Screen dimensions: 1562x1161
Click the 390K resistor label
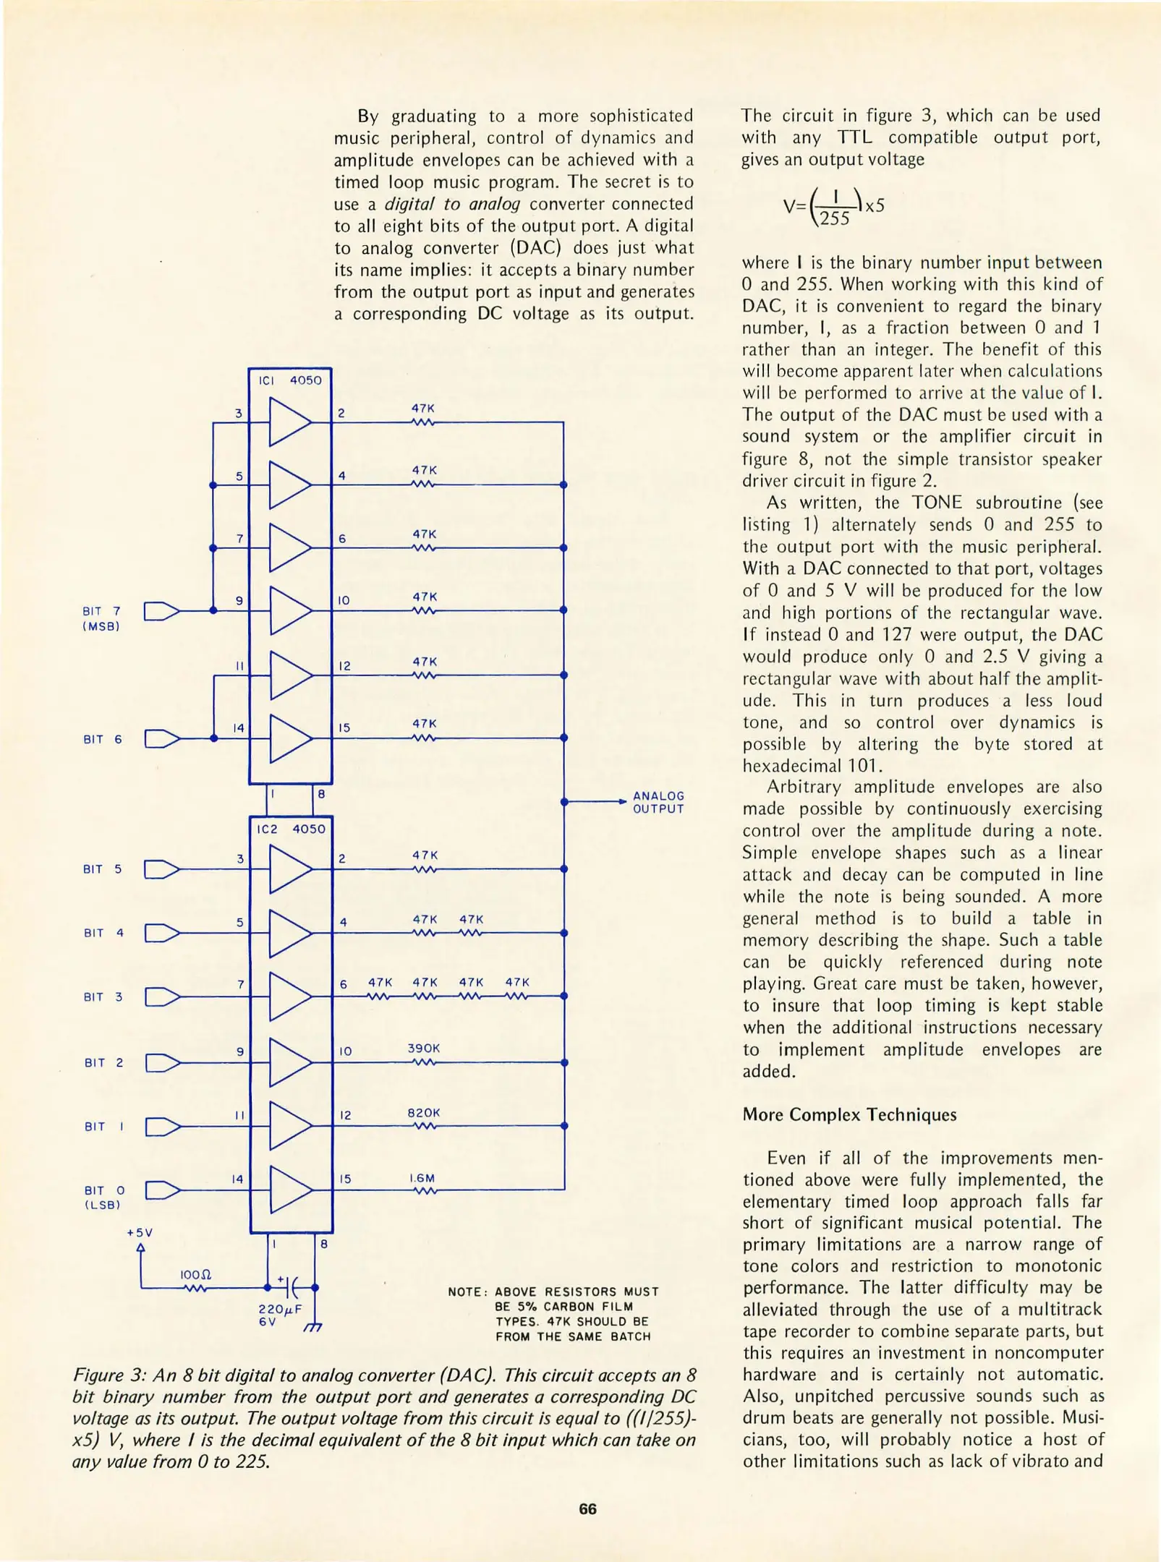[423, 1048]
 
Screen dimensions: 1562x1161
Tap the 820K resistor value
[423, 1112]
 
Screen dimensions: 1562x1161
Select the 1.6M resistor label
[422, 1178]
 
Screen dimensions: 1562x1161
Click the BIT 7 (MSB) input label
[101, 619]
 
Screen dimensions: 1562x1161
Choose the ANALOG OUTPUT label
[658, 802]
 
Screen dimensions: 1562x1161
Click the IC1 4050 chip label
[290, 380]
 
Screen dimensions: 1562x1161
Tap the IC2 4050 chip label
[291, 829]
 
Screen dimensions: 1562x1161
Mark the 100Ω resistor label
[195, 1274]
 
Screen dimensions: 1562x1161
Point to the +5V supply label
[140, 1232]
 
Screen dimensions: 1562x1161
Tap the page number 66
[587, 1509]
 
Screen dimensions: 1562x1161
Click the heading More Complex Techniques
[849, 1114]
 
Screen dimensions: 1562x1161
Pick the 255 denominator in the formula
[835, 218]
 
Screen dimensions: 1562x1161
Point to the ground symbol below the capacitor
[312, 1328]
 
